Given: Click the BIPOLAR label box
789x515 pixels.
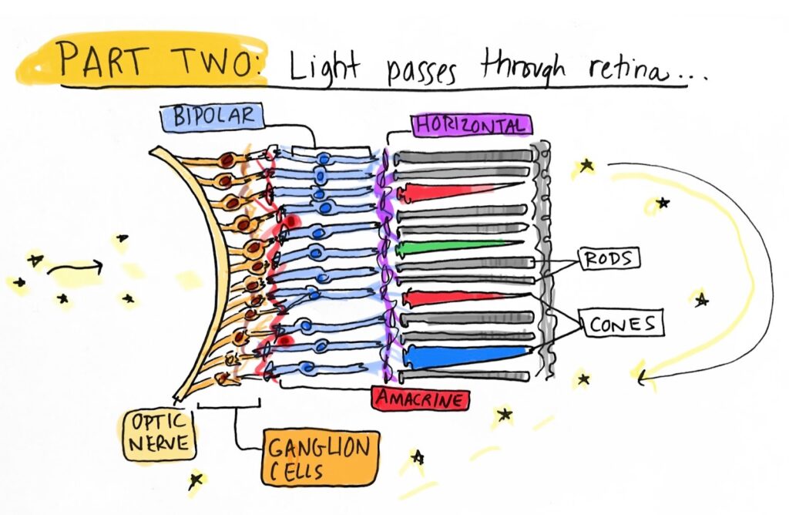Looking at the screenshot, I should tap(209, 118).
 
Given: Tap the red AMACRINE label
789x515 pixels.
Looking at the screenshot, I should tap(420, 399).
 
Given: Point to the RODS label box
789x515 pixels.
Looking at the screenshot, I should tap(609, 259).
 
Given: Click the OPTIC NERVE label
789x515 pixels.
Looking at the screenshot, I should tap(157, 433).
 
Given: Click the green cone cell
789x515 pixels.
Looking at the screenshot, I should tap(447, 247).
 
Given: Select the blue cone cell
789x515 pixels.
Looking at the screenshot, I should tap(462, 354).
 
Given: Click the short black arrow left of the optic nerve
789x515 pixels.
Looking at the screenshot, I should tap(75, 268).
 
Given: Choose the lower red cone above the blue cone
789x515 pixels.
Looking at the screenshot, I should tap(447, 297).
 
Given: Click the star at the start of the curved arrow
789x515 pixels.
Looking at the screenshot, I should tap(587, 164).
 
